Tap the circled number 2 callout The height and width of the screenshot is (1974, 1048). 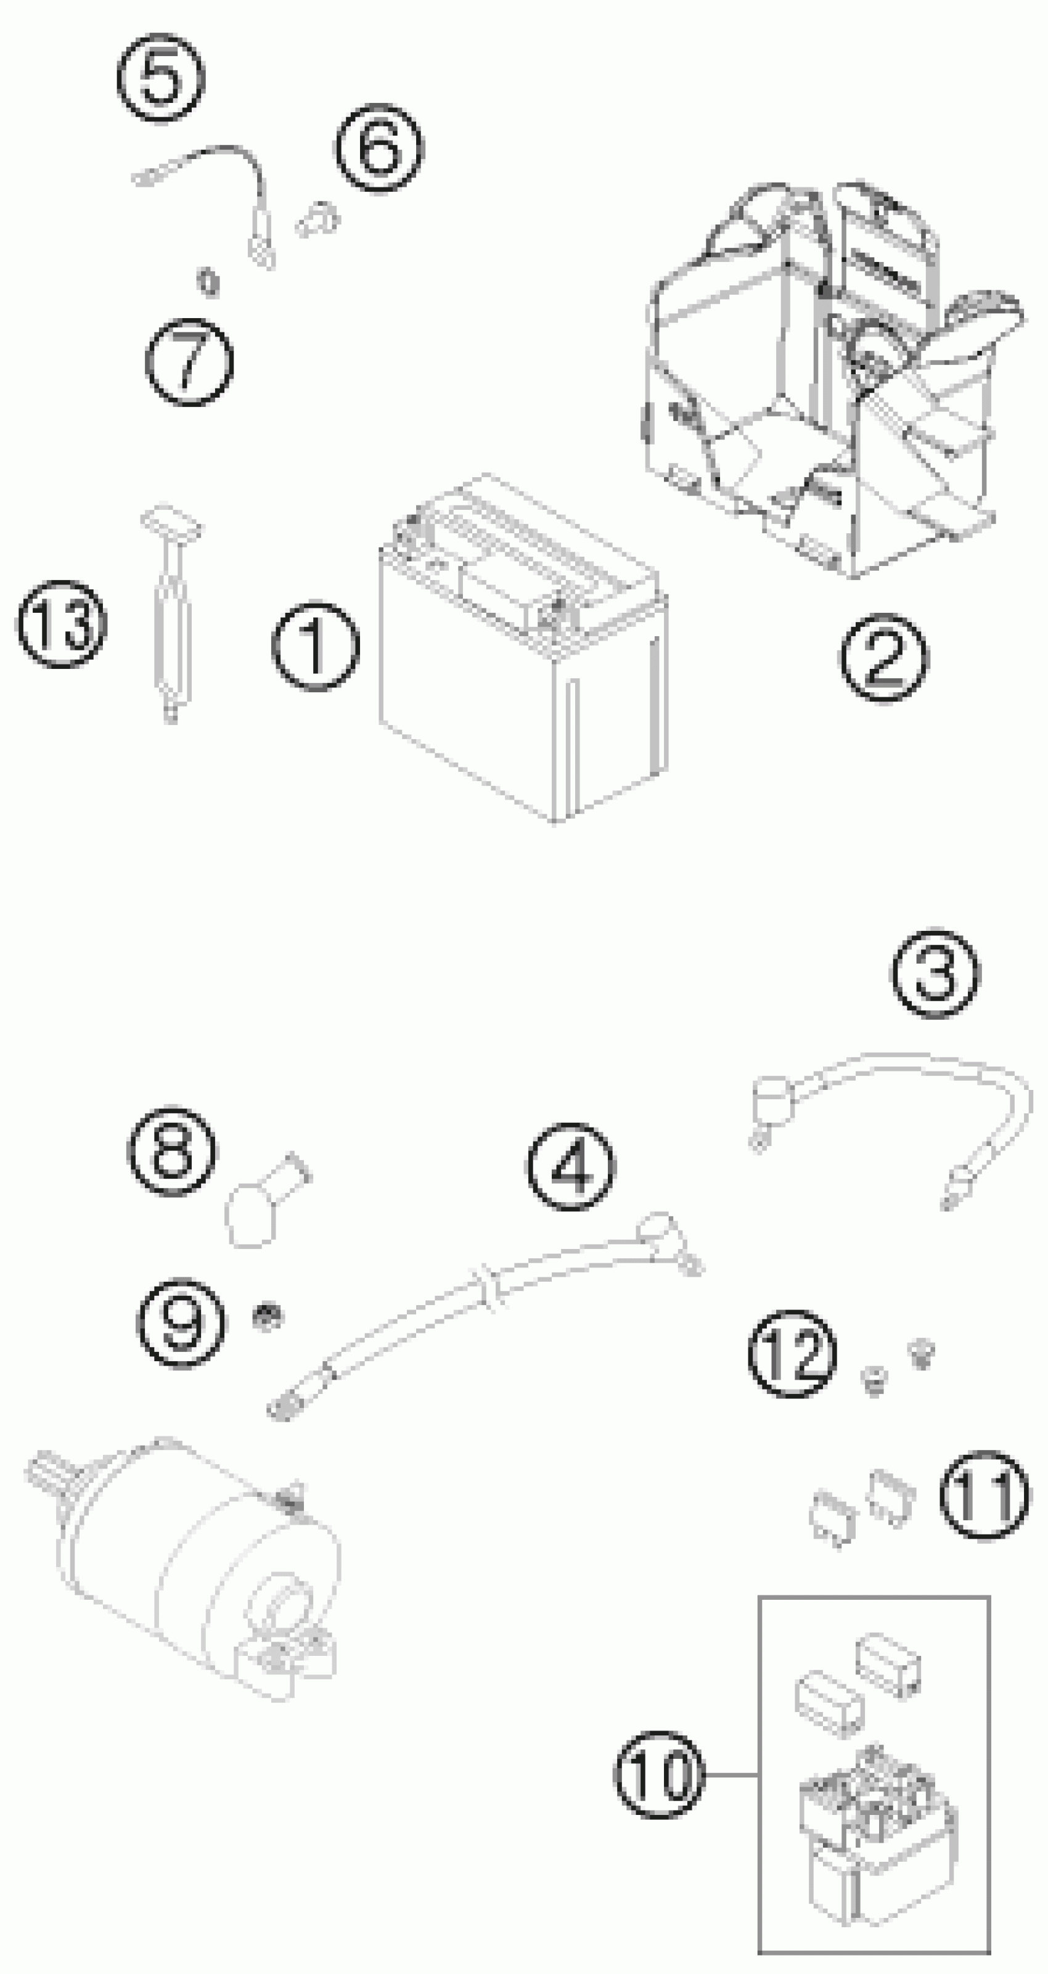883,658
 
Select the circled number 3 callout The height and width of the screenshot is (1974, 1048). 935,974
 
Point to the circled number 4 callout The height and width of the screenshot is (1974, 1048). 570,1167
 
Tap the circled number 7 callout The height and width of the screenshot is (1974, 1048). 189,362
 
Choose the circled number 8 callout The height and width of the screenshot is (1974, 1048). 171,1150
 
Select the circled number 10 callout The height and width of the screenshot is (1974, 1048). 659,1774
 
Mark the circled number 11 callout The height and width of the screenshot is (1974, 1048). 985,1495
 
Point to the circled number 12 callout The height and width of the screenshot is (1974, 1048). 792,1354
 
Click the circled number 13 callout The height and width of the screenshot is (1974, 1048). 61,624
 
